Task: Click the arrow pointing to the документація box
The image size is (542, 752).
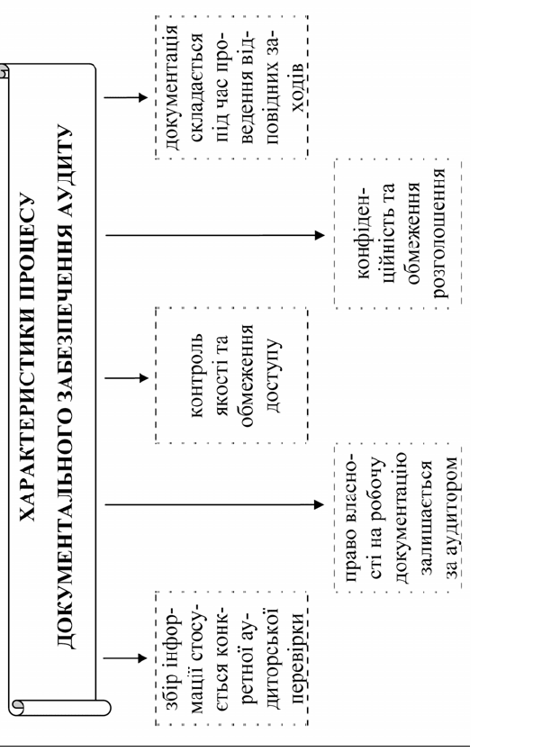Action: pos(126,98)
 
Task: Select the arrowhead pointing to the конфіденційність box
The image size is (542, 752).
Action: pos(320,235)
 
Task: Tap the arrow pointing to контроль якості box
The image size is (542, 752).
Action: pos(127,378)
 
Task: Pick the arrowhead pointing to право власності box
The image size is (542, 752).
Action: pos(319,504)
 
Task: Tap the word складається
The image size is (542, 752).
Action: pos(196,86)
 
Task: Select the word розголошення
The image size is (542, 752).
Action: pos(440,233)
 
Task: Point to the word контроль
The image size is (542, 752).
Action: pos(196,376)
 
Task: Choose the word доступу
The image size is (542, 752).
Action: pos(273,376)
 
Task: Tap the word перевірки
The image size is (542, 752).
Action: pos(298,658)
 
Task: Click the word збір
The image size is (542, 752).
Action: pos(171,691)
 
